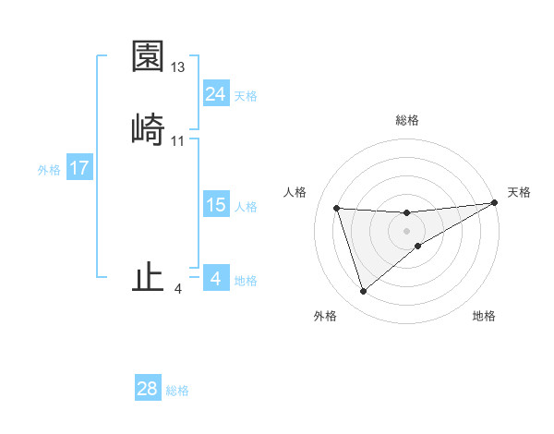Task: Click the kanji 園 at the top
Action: (148, 57)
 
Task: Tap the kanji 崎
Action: (148, 130)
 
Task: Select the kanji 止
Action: (148, 278)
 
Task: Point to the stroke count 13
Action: (178, 67)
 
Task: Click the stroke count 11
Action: (178, 141)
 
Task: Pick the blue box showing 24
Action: (215, 94)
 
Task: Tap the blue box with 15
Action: (215, 205)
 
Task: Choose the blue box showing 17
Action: (79, 168)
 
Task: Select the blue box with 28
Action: (148, 389)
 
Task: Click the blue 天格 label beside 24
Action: (246, 96)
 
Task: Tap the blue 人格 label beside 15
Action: (246, 207)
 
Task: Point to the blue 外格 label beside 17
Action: (49, 170)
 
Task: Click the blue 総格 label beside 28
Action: (177, 391)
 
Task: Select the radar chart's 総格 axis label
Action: (407, 120)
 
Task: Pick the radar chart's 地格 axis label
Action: (484, 316)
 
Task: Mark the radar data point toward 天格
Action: (494, 203)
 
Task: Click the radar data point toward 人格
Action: (337, 208)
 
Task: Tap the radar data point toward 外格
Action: (363, 292)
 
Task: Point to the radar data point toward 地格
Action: (418, 246)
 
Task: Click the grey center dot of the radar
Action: (407, 230)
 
